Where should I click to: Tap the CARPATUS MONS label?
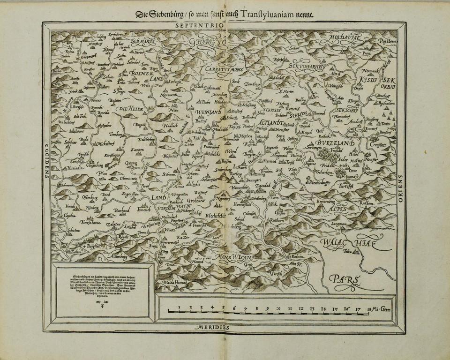(222, 69)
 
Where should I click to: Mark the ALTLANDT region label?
(270, 122)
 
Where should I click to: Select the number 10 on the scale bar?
(279, 309)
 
